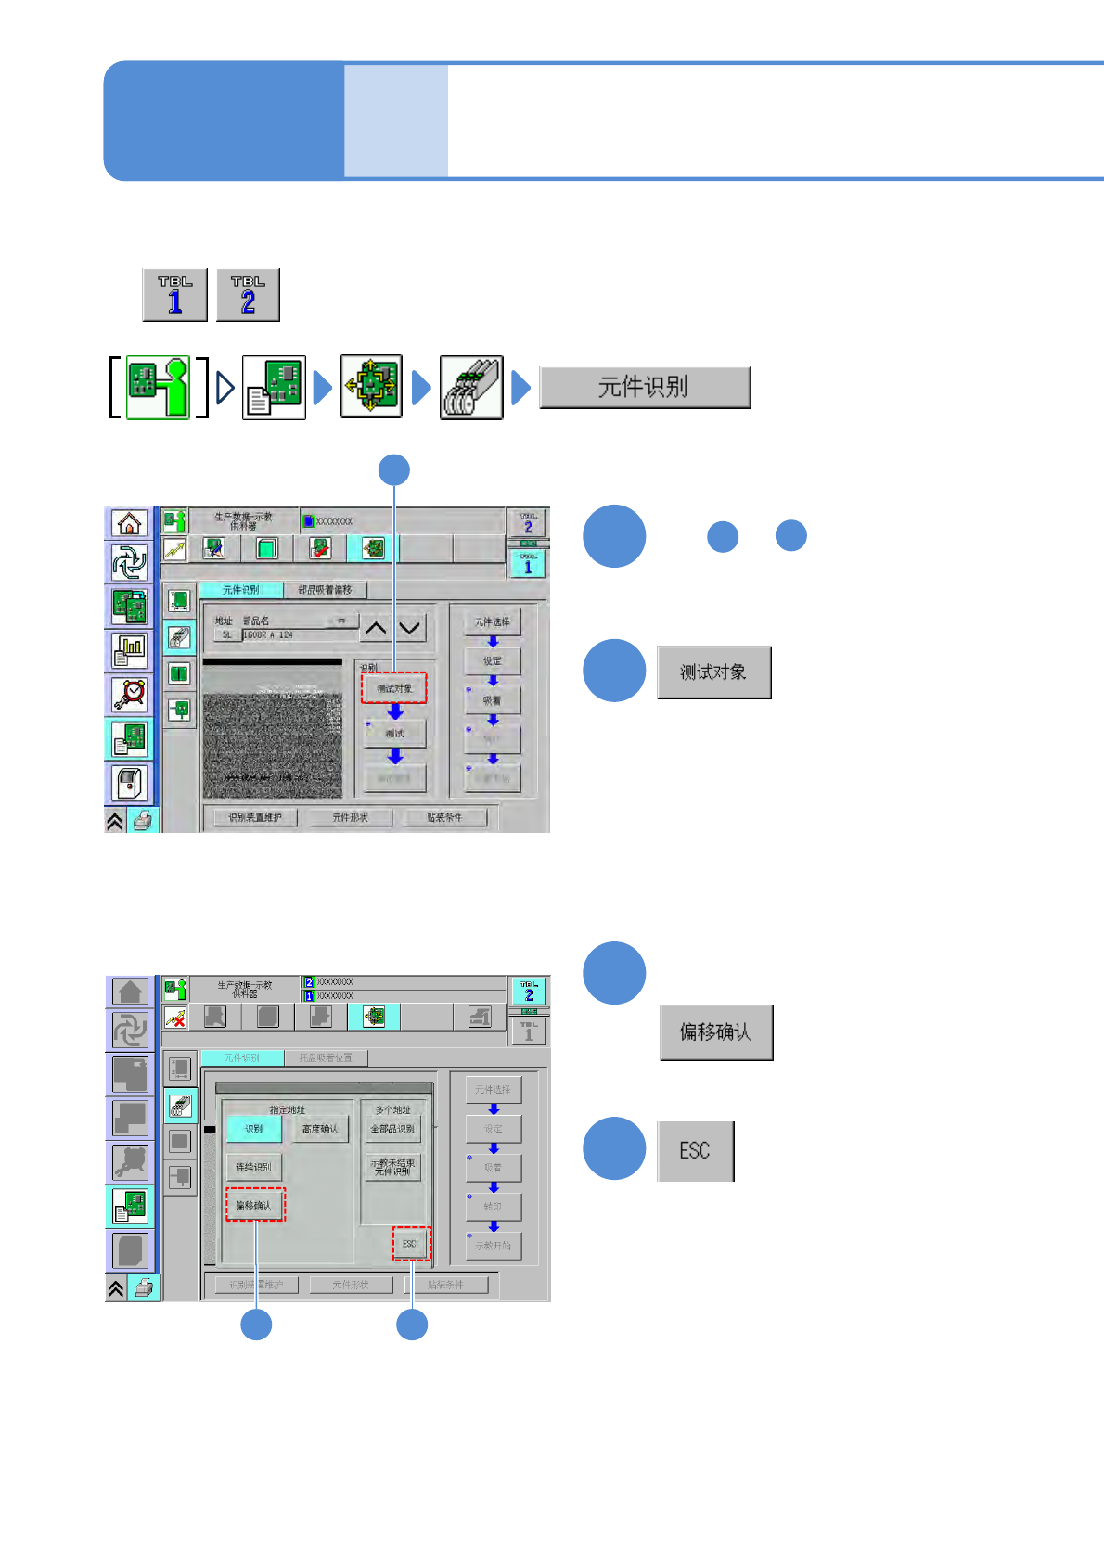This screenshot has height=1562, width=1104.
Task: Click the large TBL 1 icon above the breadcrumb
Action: [x=174, y=295]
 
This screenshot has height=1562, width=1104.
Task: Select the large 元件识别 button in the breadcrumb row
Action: [x=645, y=387]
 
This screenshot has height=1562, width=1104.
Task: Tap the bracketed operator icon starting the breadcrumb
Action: [x=158, y=388]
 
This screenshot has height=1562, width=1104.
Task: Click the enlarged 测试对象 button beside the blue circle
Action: [x=713, y=672]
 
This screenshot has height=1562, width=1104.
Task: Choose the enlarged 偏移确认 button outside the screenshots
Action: [x=715, y=1032]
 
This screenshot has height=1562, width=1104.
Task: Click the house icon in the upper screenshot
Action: [x=130, y=523]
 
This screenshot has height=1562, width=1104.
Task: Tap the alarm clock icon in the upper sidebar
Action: [x=130, y=693]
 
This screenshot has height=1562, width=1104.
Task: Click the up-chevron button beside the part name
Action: [x=375, y=628]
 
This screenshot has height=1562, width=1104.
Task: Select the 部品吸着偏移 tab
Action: [x=325, y=590]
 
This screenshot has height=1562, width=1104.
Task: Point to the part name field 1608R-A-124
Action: [x=297, y=635]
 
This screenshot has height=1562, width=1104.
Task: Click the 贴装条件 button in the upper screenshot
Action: [x=444, y=817]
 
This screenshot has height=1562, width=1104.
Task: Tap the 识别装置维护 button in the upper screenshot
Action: [x=255, y=817]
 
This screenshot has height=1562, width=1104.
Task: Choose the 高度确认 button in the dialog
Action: [x=320, y=1129]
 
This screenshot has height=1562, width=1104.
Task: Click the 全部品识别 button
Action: [x=392, y=1129]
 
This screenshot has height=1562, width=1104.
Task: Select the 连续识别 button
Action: [x=253, y=1167]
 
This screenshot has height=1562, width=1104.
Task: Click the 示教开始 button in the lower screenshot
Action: [x=494, y=1246]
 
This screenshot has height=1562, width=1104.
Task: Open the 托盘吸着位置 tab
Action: [x=325, y=1057]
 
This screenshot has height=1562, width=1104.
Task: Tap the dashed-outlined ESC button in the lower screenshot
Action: [x=411, y=1244]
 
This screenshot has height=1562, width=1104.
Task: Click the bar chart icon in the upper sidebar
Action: [x=130, y=650]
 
